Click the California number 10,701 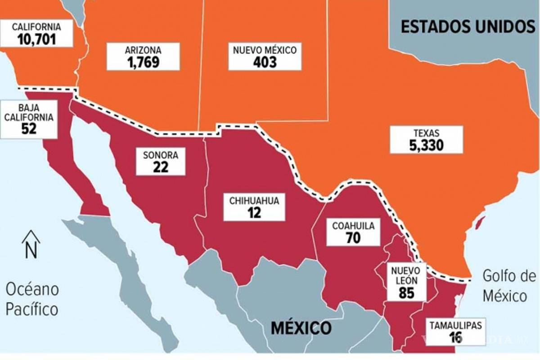(x=36, y=39)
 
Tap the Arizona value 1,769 (x=143, y=61)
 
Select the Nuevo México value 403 (x=265, y=62)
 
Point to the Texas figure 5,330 (x=426, y=145)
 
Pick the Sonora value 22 (x=160, y=167)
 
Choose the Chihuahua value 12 (x=254, y=212)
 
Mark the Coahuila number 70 (x=353, y=238)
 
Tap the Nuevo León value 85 (x=406, y=293)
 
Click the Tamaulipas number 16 (x=455, y=337)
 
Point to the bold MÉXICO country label (x=301, y=328)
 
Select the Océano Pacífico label (x=32, y=299)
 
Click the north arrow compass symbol (x=31, y=244)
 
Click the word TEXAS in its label (x=426, y=133)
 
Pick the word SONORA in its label (x=161, y=155)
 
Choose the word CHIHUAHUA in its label (x=254, y=201)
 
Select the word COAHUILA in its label (x=353, y=226)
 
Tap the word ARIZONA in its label (x=143, y=50)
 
